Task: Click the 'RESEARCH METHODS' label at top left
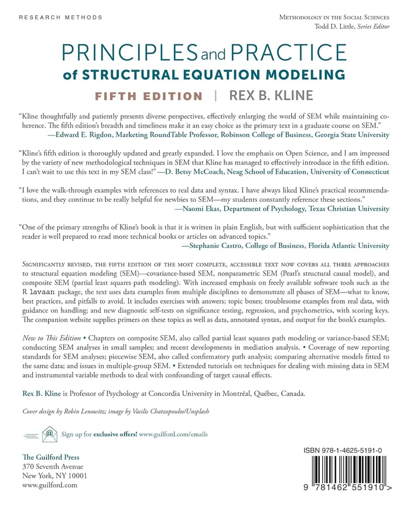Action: (x=60, y=18)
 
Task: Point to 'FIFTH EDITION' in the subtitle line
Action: (x=149, y=96)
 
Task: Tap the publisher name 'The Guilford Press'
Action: (x=50, y=457)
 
